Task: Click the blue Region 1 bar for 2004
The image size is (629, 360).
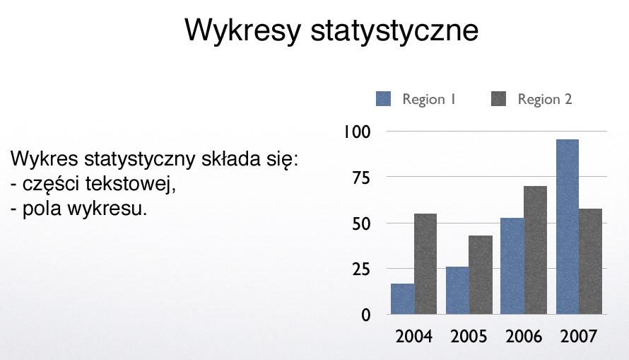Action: [x=403, y=298]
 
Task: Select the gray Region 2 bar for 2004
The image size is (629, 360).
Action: [x=425, y=264]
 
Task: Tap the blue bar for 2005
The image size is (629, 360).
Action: [x=458, y=290]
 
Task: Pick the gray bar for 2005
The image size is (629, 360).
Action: [x=481, y=274]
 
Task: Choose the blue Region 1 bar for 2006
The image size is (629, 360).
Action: [x=512, y=266]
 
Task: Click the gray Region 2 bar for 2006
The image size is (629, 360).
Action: [x=536, y=250]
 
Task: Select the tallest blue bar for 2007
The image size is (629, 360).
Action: [x=568, y=226]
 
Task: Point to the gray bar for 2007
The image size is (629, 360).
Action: [x=591, y=261]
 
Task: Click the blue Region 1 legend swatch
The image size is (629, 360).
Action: [x=383, y=99]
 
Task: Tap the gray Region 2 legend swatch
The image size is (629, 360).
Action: [x=498, y=99]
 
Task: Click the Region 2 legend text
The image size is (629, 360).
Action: [x=545, y=99]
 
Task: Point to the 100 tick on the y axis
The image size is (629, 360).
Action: [x=357, y=132]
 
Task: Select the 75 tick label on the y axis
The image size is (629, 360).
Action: [x=361, y=178]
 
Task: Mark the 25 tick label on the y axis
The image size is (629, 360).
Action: [x=361, y=269]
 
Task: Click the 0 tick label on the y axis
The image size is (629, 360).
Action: [x=366, y=315]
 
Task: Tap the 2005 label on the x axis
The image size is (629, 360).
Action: [x=469, y=337]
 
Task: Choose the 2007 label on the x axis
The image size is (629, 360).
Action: [x=579, y=337]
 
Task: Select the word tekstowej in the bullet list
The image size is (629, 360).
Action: [x=131, y=184]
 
